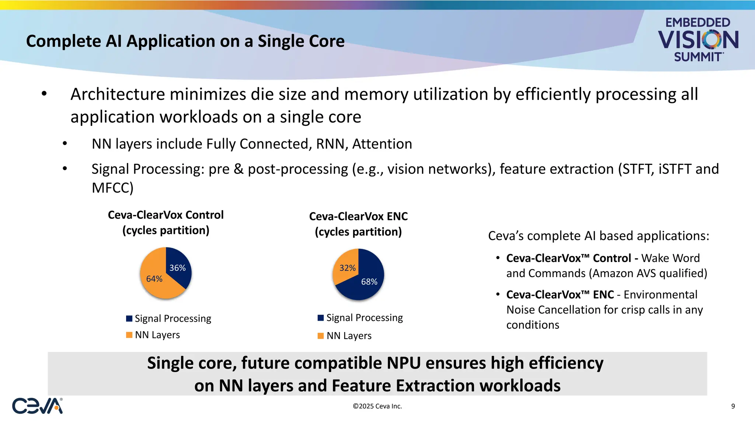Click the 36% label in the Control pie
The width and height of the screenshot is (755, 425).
click(x=177, y=268)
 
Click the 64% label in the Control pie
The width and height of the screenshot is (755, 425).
click(x=154, y=279)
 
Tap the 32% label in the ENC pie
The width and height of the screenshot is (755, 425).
click(x=347, y=268)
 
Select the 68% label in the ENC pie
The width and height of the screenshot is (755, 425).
click(x=369, y=282)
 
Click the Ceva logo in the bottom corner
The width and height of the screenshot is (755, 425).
click(x=37, y=406)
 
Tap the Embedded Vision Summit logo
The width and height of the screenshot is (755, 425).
click(x=698, y=39)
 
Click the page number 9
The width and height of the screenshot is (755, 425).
click(x=733, y=406)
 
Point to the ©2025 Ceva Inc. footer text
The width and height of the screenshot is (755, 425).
click(x=377, y=406)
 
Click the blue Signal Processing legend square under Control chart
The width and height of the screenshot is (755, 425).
click(x=129, y=318)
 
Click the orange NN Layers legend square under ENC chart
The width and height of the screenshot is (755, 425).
click(x=321, y=336)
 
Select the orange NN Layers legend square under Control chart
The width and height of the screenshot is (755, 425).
click(x=129, y=335)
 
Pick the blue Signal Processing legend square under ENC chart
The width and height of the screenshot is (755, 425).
click(x=321, y=318)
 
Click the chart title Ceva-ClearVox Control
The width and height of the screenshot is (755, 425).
click(x=166, y=215)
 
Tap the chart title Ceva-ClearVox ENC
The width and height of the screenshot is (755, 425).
click(x=358, y=216)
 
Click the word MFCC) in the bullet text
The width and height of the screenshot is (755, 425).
click(x=112, y=188)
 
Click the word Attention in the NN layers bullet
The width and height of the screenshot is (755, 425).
click(x=382, y=144)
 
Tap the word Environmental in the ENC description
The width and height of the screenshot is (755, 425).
click(x=660, y=295)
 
